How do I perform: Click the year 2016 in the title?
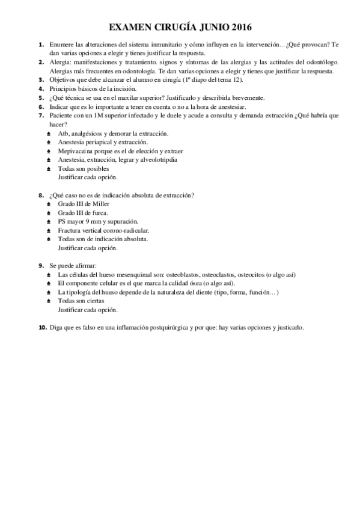coord(240,28)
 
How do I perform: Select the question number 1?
coord(41,45)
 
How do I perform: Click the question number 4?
coord(41,88)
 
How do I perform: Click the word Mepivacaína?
coord(76,151)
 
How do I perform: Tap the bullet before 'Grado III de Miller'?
coord(49,204)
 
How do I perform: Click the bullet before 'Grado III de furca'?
coord(49,213)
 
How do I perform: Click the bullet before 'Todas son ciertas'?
coord(49,301)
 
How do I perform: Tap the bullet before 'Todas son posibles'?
coord(49,169)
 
